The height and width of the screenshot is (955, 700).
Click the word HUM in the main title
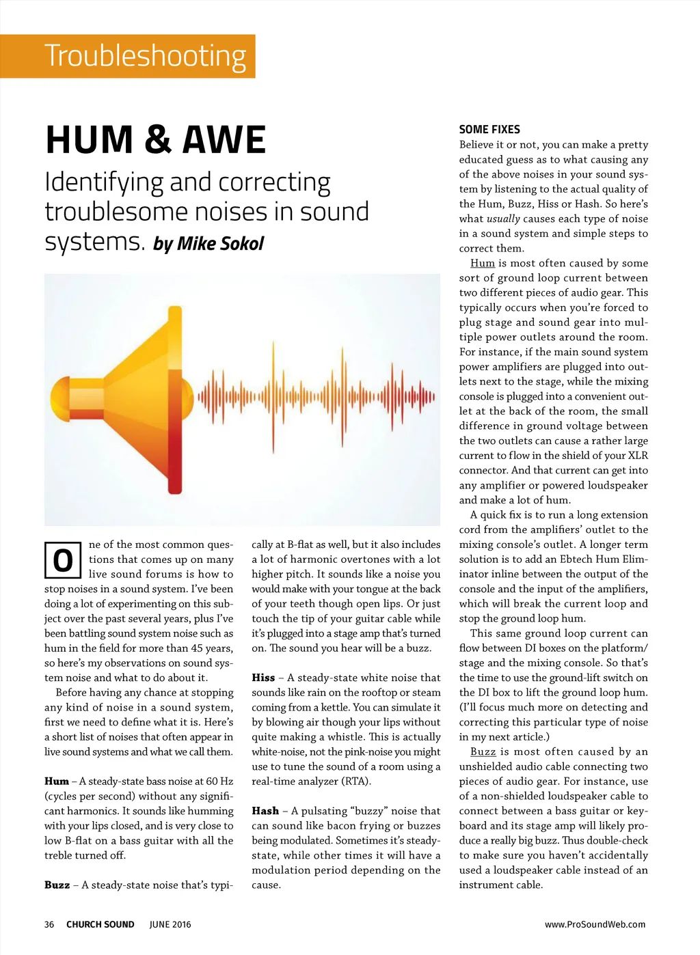pyautogui.click(x=89, y=139)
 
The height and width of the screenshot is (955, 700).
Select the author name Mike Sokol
pyautogui.click(x=220, y=244)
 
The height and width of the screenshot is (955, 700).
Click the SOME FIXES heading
pyautogui.click(x=489, y=129)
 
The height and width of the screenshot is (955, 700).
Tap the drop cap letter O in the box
pyautogui.click(x=63, y=561)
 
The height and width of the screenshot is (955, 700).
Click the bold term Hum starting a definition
pyautogui.click(x=57, y=781)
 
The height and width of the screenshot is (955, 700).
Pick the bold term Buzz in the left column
pyautogui.click(x=57, y=885)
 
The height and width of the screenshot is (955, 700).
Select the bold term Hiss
pyautogui.click(x=263, y=678)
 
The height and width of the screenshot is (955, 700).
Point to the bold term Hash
pyautogui.click(x=265, y=811)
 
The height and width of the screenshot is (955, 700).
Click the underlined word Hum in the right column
pyautogui.click(x=483, y=263)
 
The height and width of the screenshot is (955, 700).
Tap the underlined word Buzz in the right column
pyautogui.click(x=483, y=751)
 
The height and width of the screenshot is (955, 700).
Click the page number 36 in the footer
pyautogui.click(x=49, y=924)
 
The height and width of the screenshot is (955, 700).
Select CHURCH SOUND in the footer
pyautogui.click(x=100, y=924)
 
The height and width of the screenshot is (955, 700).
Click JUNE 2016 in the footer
pyautogui.click(x=170, y=924)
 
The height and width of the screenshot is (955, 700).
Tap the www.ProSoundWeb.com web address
pyautogui.click(x=595, y=924)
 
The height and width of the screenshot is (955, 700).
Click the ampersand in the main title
pyautogui.click(x=157, y=139)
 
